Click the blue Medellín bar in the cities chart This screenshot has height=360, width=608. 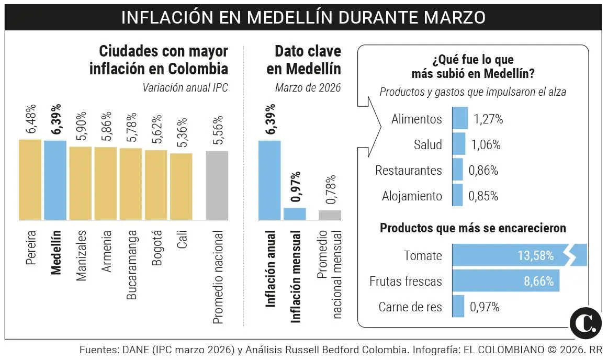coord(55,180)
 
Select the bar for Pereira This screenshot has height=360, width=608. coord(30,179)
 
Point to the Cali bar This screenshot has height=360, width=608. coord(181,186)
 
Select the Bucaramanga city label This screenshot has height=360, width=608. coord(132,264)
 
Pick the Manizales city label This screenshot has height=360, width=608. coord(82,255)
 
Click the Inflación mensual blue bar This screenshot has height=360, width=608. coord(295,213)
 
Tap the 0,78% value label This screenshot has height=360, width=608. coord(330,189)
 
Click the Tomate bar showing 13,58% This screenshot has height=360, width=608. coord(518,256)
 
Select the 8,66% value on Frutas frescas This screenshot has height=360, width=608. coord(538,282)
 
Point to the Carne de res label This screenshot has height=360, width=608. coord(410,307)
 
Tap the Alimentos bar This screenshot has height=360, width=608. coord(459,119)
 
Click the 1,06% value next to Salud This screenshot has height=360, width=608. coord(486,145)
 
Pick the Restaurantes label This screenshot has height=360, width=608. coord(408,171)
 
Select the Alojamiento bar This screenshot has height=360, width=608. coord(457,196)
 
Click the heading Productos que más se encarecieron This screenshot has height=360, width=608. coord(472,229)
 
